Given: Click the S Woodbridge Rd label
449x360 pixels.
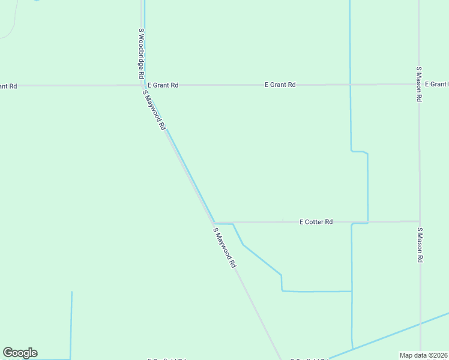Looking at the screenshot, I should click(141, 54).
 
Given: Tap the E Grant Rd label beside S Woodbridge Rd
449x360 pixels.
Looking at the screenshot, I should click(163, 85).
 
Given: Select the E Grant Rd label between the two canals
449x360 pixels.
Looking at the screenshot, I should click(280, 85).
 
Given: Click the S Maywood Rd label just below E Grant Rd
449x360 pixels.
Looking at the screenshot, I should click(154, 110).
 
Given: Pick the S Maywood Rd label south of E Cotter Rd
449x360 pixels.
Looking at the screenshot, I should click(224, 247).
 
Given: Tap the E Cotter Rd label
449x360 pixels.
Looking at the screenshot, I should click(316, 222).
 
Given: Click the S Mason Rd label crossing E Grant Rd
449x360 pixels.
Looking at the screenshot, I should click(419, 84).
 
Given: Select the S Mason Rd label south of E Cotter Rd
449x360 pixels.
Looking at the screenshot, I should click(420, 245).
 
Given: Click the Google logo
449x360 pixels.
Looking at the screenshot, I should click(20, 353).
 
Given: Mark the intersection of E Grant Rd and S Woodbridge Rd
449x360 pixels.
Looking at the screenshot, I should click(142, 85).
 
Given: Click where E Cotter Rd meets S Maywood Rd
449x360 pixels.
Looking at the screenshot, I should click(214, 223).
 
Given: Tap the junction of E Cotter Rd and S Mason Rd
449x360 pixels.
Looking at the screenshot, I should click(420, 221).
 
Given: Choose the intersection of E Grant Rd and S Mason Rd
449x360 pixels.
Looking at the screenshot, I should click(419, 85).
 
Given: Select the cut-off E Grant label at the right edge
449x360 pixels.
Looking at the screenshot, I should click(437, 85).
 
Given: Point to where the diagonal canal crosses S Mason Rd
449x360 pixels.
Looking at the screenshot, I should click(420, 323).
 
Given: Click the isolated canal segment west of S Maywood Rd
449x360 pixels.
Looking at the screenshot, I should click(71, 324).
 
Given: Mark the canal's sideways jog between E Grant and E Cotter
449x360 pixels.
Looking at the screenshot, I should click(359, 152).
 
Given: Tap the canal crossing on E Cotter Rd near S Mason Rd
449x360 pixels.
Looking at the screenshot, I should click(367, 222).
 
